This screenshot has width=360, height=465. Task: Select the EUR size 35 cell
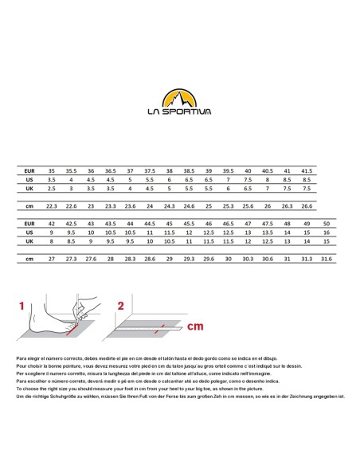(52, 171)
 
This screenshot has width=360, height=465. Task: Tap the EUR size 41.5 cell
(307, 171)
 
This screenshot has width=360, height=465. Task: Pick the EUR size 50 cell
(327, 224)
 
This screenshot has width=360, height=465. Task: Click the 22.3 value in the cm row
(52, 206)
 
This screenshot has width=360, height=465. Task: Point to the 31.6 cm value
(327, 259)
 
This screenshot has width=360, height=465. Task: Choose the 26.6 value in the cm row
(307, 206)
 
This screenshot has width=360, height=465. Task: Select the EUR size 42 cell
(52, 224)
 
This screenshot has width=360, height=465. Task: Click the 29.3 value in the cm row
(189, 259)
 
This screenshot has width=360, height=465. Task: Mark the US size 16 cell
(327, 232)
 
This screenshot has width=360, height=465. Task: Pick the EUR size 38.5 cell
(189, 171)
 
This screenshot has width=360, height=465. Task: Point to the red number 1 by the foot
(22, 305)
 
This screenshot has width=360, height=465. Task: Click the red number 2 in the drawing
(121, 306)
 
